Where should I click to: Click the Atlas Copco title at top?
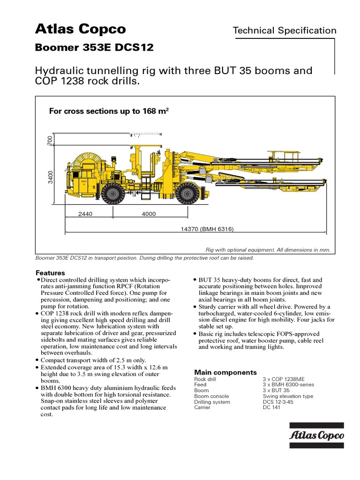(x=81, y=29)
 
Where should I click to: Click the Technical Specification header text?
(x=285, y=30)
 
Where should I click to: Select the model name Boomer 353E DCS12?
(x=94, y=48)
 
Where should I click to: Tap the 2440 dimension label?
(x=85, y=214)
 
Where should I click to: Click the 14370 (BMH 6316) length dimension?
(x=207, y=229)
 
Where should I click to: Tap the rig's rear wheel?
(x=112, y=193)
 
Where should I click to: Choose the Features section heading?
(x=50, y=273)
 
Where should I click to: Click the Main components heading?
(x=225, y=372)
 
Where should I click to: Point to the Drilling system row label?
(x=212, y=402)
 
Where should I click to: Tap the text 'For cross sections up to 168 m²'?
(x=109, y=111)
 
